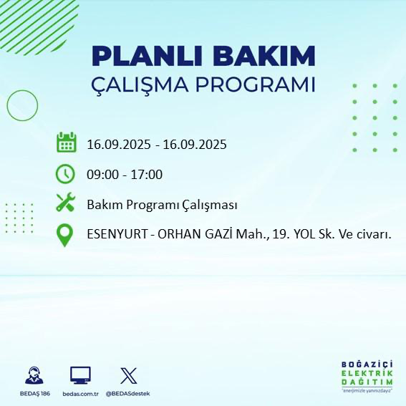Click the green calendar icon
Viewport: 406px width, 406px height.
[x=66, y=142]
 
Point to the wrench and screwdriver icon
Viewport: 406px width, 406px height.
[x=66, y=203]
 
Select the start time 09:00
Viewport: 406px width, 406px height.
[x=101, y=175]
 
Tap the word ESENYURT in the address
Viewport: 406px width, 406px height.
[x=115, y=235]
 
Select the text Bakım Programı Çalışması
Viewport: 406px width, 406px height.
[x=162, y=206]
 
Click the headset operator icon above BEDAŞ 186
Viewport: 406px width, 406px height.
[x=33, y=374]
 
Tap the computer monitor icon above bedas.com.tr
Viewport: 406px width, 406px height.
[x=80, y=374]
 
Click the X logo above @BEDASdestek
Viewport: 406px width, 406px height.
[x=128, y=374]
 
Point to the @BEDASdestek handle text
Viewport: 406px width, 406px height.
[x=128, y=394]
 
